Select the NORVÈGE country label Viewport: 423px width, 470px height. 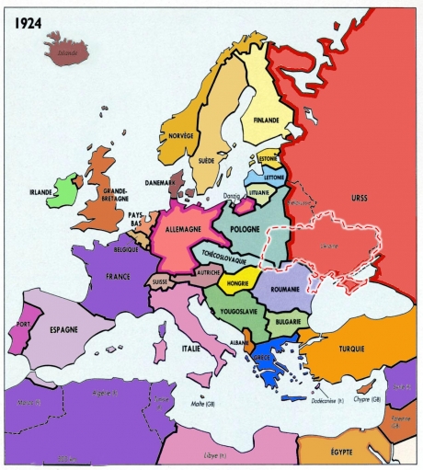point(181,135)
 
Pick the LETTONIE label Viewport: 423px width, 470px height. point(274,176)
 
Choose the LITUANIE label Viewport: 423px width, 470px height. point(260,193)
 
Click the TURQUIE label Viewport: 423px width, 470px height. point(351,349)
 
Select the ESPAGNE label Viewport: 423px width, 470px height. point(63,329)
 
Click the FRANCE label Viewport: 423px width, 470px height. point(118,276)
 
